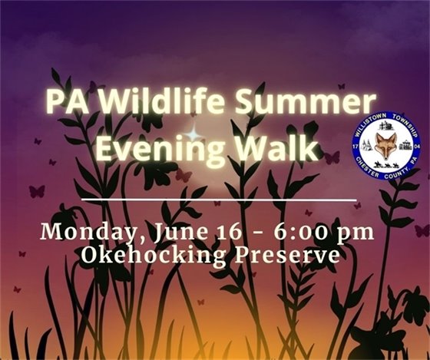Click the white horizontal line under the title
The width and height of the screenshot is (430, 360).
(x=219, y=200)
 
